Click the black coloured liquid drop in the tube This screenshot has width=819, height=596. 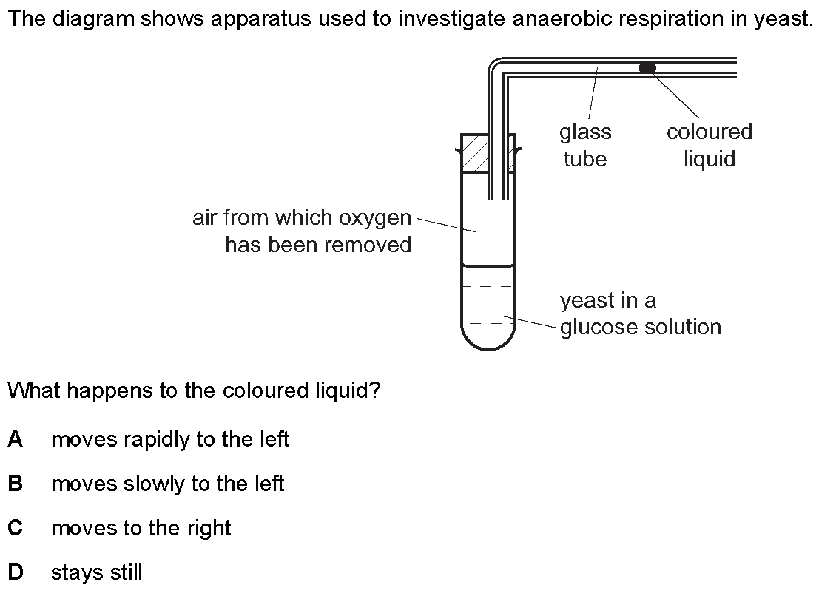(647, 67)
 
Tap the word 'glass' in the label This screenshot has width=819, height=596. (585, 132)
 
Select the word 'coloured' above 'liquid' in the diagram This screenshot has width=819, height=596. (710, 132)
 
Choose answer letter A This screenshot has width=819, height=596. (15, 439)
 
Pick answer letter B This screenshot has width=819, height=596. (15, 484)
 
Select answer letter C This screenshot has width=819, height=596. (15, 528)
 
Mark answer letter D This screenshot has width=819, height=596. (16, 572)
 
